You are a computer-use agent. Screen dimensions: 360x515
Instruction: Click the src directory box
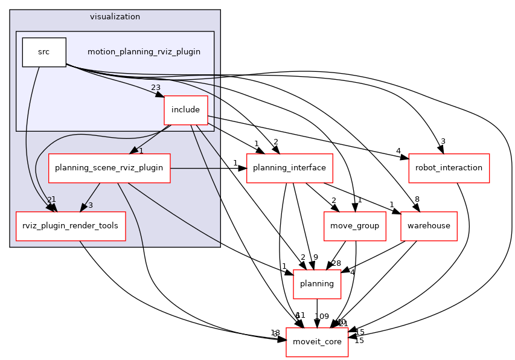point(43,52)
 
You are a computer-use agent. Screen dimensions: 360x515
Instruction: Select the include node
point(185,110)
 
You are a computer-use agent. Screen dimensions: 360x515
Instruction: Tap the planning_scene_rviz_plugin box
point(109,167)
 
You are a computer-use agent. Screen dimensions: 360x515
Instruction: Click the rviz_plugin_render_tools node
point(70,226)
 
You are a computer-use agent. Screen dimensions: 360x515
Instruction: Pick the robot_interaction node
point(449,167)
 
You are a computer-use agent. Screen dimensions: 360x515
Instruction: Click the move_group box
point(354,226)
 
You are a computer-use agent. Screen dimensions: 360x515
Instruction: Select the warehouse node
point(429,226)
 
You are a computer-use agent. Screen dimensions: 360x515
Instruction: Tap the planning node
point(317,284)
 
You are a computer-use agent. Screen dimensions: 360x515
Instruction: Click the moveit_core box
point(317,342)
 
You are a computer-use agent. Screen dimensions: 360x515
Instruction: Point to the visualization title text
point(115,17)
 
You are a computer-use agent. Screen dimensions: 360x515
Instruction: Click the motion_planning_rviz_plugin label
point(144,52)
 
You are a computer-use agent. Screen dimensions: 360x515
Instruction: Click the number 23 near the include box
point(156,88)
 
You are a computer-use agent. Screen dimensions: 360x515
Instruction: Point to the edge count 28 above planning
point(336,263)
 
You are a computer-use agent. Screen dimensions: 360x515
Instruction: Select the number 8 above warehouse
point(417,199)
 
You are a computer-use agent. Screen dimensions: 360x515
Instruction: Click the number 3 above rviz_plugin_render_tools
point(91,205)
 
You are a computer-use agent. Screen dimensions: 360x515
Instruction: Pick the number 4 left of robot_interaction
point(398,151)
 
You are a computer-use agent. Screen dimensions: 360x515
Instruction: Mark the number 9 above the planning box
point(315,257)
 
